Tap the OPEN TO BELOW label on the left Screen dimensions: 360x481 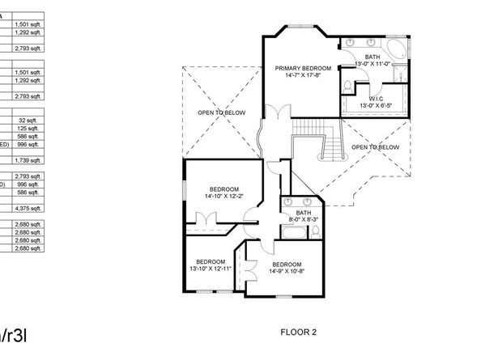[220, 112]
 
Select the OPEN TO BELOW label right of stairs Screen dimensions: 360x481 [375, 147]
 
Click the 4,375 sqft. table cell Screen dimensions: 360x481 [28, 208]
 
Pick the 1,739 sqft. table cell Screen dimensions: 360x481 [28, 161]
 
